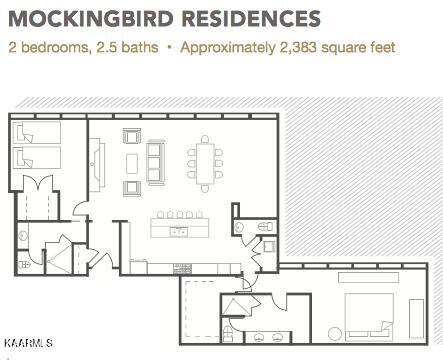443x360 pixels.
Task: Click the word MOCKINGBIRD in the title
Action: click(91, 18)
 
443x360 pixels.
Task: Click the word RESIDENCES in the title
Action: click(252, 18)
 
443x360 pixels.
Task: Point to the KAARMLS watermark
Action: click(29, 343)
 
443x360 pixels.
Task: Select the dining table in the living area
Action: click(205, 163)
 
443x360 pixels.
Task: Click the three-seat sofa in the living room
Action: click(156, 163)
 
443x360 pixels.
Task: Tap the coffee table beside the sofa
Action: click(132, 163)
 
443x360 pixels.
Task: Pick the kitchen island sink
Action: click(178, 231)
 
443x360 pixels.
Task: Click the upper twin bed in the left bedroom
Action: click(37, 133)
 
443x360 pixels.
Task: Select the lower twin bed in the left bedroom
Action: click(37, 157)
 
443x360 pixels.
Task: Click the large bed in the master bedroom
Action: click(369, 317)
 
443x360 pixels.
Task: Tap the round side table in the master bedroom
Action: click(335, 334)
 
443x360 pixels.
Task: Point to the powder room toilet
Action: click(266, 227)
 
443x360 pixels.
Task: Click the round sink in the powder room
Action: click(239, 228)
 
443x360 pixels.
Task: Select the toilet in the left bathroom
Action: click(24, 265)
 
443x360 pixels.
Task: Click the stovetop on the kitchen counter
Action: click(182, 269)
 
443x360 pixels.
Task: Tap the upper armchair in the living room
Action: click(132, 136)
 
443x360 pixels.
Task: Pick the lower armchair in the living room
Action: click(132, 189)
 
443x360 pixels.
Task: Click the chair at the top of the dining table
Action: click(205, 139)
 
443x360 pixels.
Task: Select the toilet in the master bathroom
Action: click(228, 334)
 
